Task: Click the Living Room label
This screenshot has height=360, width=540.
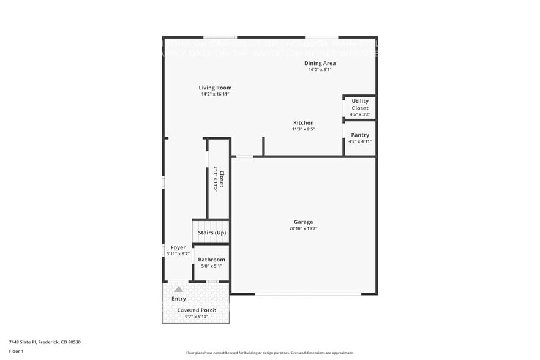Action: (215, 88)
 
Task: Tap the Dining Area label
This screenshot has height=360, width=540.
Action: (320, 63)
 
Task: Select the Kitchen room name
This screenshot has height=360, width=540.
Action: (303, 122)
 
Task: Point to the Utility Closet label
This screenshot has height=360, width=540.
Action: (360, 104)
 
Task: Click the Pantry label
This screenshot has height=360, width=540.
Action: (360, 135)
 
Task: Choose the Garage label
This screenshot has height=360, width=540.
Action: (303, 222)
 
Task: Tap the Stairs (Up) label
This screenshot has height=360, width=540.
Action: (212, 233)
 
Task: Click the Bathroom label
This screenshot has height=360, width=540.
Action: (211, 260)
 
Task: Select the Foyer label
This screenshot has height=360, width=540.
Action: (178, 247)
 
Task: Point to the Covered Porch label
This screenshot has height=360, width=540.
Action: (197, 310)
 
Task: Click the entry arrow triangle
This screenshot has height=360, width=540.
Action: (178, 289)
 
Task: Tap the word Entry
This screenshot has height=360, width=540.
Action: (178, 299)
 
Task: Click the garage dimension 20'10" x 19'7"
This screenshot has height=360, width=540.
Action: (303, 228)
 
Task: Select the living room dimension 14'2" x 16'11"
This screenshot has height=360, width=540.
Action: (215, 94)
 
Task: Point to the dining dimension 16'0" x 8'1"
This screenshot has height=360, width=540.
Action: (320, 70)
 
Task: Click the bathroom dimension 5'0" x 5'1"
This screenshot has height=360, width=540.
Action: (211, 266)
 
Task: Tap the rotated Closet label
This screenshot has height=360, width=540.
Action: (222, 179)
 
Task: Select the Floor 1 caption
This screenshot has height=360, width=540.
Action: (16, 351)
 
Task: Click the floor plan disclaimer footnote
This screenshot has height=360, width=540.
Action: (270, 353)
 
